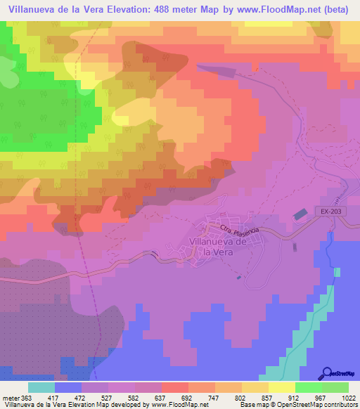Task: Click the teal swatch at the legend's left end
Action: pos(41,387)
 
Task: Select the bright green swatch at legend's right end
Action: pos(335,387)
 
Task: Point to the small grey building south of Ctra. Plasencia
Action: pos(293,245)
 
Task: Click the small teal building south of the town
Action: pos(239,276)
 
